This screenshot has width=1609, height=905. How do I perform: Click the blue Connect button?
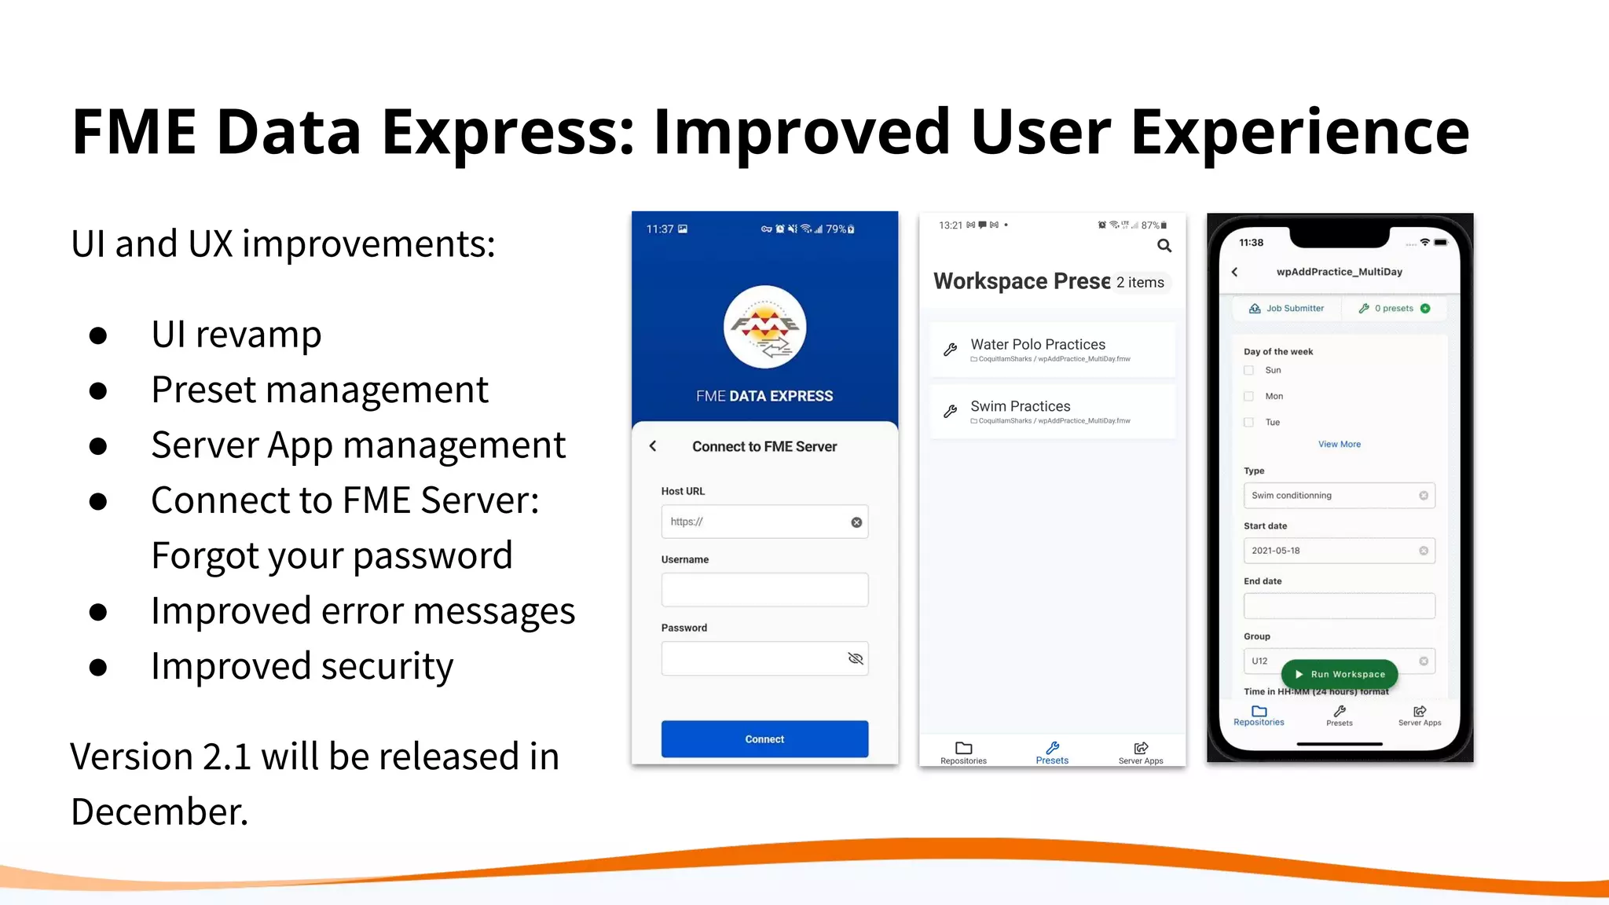tap(764, 739)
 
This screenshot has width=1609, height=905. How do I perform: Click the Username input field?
tap(764, 590)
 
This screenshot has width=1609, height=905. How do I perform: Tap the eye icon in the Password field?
tap(856, 658)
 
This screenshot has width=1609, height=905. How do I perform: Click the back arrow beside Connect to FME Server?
tap(653, 446)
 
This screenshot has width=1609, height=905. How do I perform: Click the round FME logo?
tap(764, 327)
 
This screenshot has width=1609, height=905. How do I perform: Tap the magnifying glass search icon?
tap(1164, 246)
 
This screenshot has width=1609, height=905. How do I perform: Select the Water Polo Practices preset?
tap(1052, 350)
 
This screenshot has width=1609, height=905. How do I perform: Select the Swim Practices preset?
tap(1052, 412)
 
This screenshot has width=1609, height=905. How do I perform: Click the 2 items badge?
tap(1140, 282)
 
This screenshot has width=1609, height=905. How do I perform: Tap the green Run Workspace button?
tap(1340, 674)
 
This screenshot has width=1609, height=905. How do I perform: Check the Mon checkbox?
tap(1248, 397)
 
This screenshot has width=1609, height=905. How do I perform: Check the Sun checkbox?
tap(1248, 370)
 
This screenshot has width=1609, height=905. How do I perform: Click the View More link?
tap(1340, 445)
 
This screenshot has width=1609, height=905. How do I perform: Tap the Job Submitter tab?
tap(1286, 309)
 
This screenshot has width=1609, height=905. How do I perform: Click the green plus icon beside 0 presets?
tap(1425, 309)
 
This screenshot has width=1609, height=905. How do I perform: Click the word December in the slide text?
tap(159, 812)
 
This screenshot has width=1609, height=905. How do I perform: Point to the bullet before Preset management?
tap(98, 390)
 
